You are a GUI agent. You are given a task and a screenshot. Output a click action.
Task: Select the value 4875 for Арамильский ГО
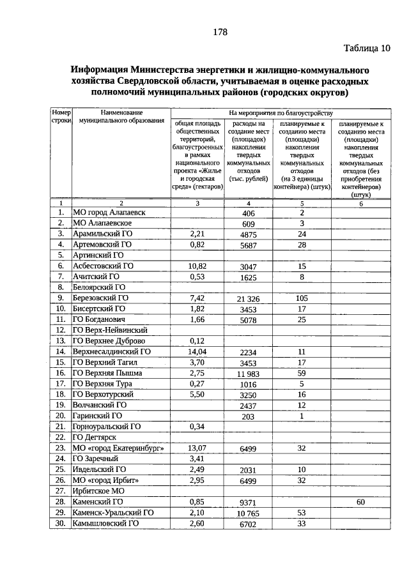click(249, 234)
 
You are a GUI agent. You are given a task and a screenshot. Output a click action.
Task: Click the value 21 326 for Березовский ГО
click(249, 299)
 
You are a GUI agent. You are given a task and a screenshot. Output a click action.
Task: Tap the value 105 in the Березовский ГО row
click(302, 298)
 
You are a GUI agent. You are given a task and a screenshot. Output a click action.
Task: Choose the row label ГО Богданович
click(102, 319)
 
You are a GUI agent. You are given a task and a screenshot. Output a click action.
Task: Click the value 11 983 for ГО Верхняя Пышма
click(249, 374)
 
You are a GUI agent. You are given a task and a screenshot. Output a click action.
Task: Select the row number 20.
click(61, 415)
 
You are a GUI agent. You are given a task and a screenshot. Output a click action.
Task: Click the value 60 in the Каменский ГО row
click(360, 502)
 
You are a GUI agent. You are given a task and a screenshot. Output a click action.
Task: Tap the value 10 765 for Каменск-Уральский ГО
click(249, 513)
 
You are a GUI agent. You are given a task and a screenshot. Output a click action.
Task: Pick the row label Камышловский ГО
click(105, 524)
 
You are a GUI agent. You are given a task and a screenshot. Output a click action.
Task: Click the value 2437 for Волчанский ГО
click(249, 406)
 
